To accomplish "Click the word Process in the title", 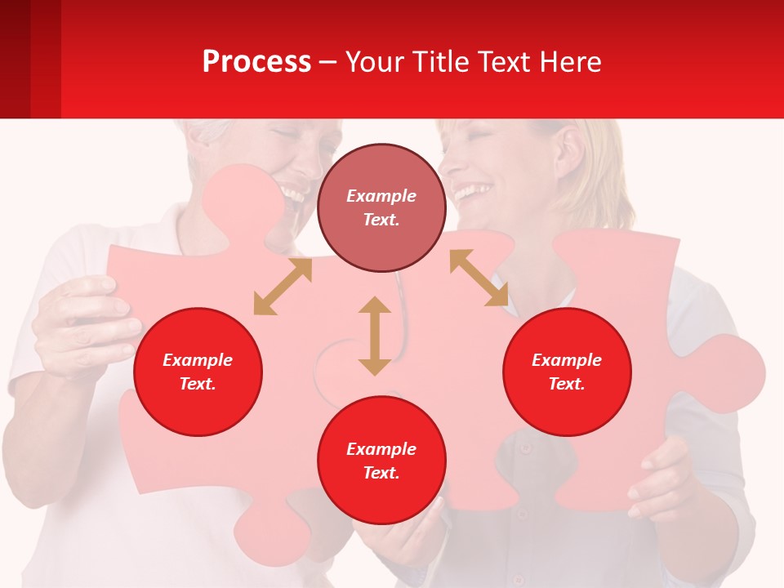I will click(256, 62).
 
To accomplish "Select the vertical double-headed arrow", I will click(375, 336).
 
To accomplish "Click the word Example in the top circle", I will click(381, 196).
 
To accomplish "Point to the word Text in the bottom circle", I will click(381, 473).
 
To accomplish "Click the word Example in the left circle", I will click(198, 360).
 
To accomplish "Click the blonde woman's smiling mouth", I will click(474, 193).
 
